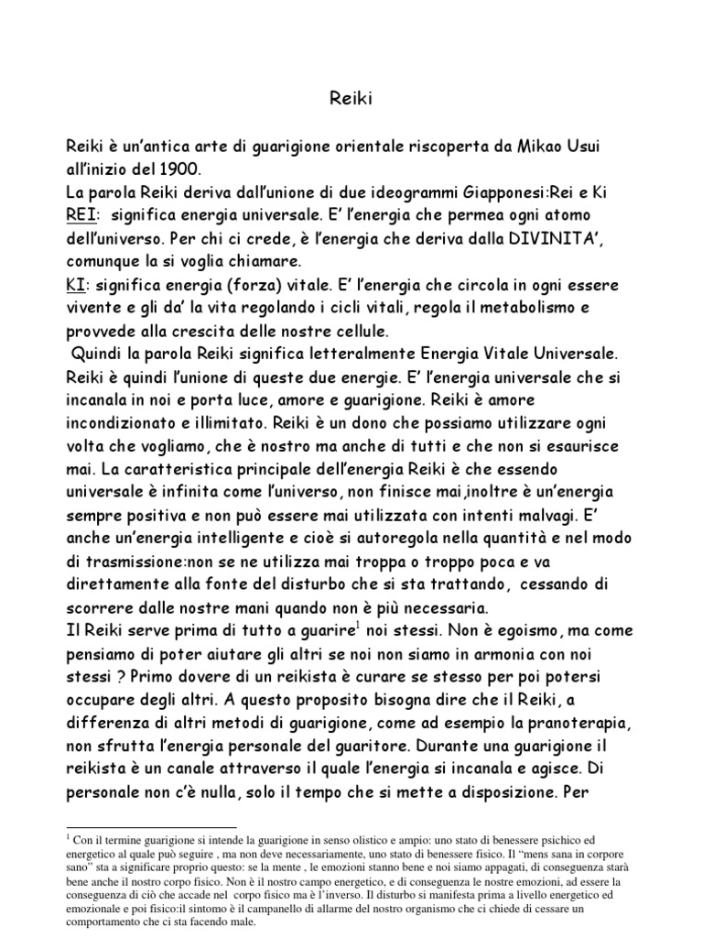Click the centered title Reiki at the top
click(351, 98)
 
